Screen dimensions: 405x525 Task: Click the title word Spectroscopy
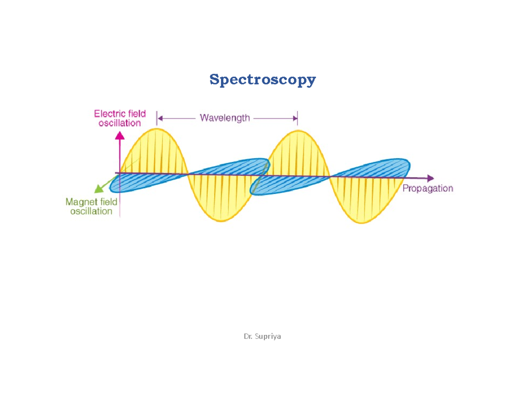click(x=262, y=80)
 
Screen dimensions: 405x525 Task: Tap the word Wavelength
click(x=225, y=118)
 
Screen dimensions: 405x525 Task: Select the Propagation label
click(x=427, y=189)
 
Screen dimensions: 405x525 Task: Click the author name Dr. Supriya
click(x=262, y=336)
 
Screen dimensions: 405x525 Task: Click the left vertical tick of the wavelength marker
click(x=157, y=118)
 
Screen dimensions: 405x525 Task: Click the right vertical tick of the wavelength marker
click(x=297, y=118)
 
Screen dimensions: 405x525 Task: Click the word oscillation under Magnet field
click(x=91, y=211)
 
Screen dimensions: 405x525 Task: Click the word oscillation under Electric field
click(x=120, y=123)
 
